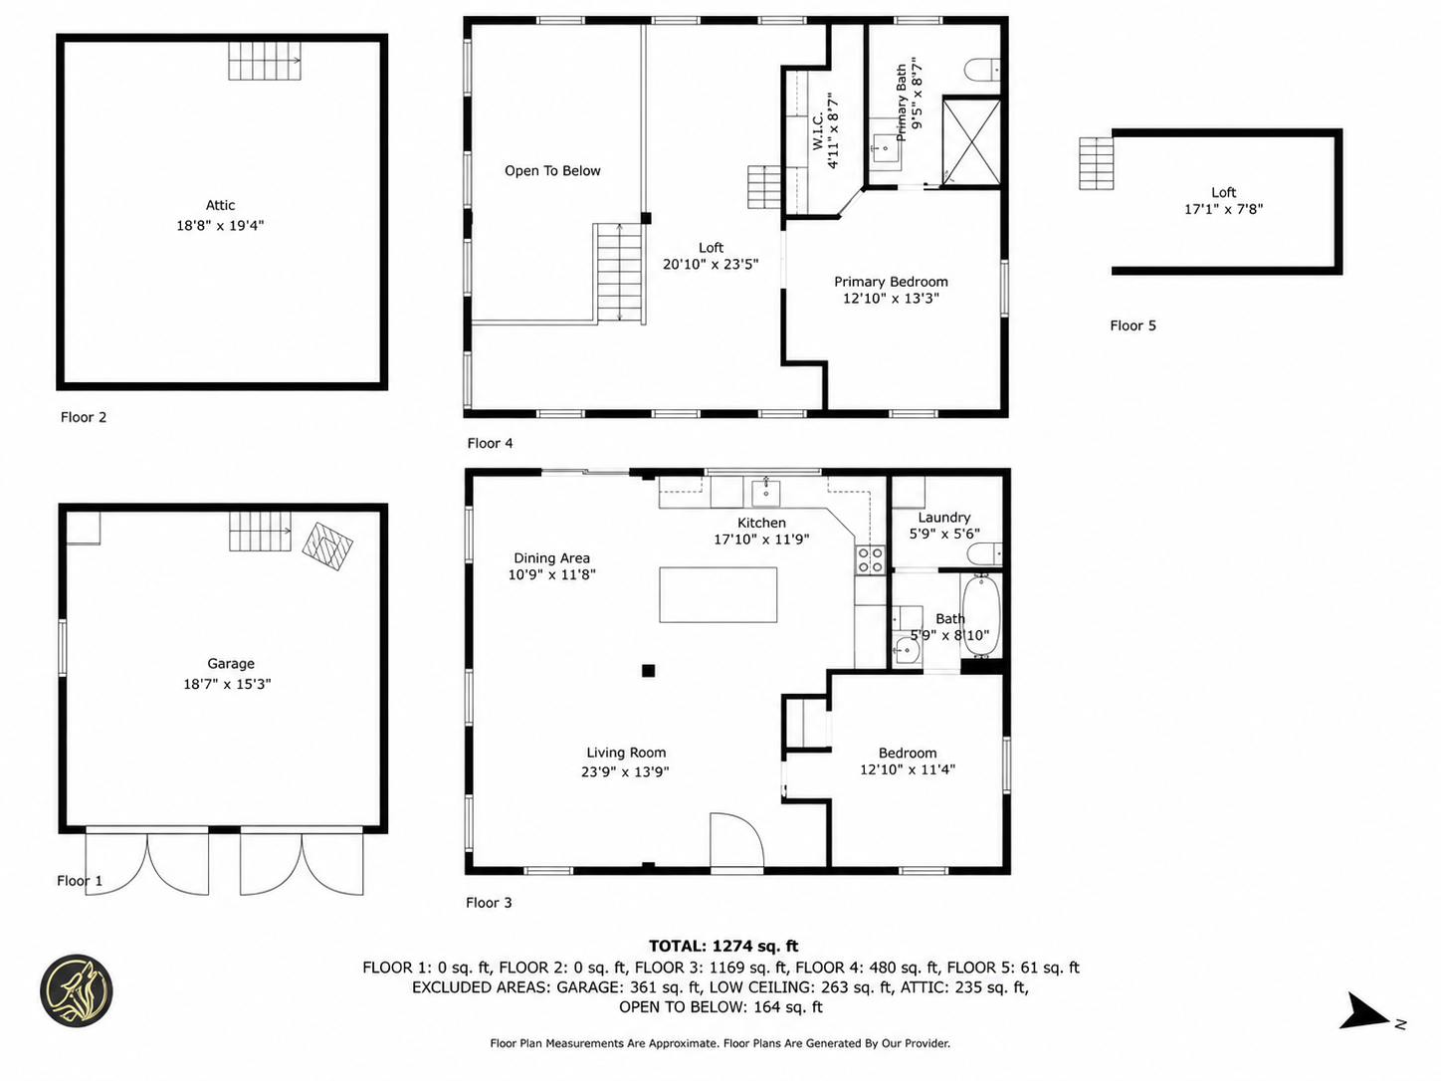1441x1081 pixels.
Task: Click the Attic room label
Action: (220, 205)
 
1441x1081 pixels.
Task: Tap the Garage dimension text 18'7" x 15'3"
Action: (227, 684)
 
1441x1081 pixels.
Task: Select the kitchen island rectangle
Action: (719, 595)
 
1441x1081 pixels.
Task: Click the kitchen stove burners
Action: (870, 559)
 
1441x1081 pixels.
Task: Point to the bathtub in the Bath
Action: (981, 615)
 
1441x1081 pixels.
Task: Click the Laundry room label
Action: (944, 518)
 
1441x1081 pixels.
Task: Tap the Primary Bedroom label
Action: (891, 282)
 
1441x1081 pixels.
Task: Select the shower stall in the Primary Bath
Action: (971, 141)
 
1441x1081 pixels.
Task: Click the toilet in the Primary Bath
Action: (982, 70)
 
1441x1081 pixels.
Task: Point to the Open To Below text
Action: (552, 170)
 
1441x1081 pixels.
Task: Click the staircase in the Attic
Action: (265, 61)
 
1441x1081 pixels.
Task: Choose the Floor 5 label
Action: (1132, 325)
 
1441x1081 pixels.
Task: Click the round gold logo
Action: (77, 990)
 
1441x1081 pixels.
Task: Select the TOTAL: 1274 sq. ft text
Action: (723, 946)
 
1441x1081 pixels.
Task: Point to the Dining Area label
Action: (551, 557)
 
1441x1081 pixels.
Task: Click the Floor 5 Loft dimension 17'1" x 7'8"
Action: (1224, 209)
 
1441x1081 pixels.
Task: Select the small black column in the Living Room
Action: (648, 670)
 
